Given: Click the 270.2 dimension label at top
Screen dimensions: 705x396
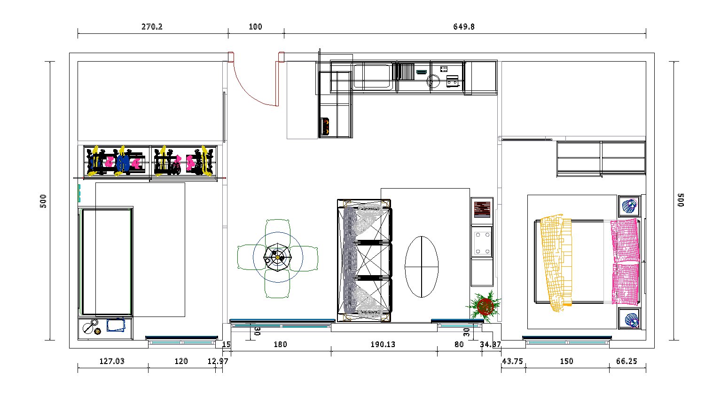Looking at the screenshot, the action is (152, 27).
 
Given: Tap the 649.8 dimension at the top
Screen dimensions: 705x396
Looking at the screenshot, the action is (463, 27).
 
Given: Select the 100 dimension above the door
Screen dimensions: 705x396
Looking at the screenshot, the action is (255, 27).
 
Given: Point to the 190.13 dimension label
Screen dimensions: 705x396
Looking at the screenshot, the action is (383, 344).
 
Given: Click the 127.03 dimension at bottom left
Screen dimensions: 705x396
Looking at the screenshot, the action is (112, 361).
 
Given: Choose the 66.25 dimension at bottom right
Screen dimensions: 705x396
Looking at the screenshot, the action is (627, 361).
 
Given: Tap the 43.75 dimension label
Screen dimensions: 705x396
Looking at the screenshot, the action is (512, 361).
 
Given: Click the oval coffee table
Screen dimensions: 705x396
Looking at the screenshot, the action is (422, 267).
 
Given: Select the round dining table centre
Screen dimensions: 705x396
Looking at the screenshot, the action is (278, 257).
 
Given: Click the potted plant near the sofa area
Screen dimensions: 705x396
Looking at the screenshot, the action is (485, 307).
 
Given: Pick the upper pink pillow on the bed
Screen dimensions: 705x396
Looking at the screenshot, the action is (625, 240).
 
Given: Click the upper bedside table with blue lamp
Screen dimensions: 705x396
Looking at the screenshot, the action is (629, 206).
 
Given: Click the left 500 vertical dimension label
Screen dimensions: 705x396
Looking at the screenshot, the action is (43, 201).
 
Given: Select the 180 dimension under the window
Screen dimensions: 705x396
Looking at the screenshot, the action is (280, 344).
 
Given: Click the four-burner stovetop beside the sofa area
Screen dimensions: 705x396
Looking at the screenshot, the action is (482, 243).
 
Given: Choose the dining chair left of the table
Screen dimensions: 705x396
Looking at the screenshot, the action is (249, 257).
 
